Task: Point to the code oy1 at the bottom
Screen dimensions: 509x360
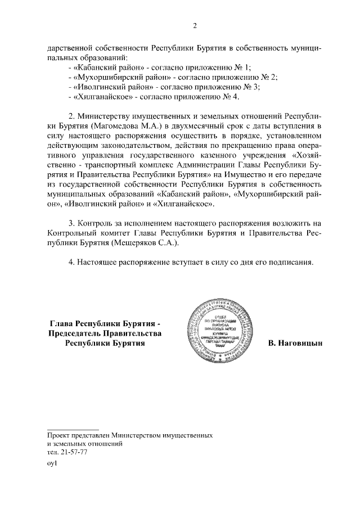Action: (x=52, y=464)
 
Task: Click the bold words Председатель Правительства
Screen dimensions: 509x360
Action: (x=105, y=333)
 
